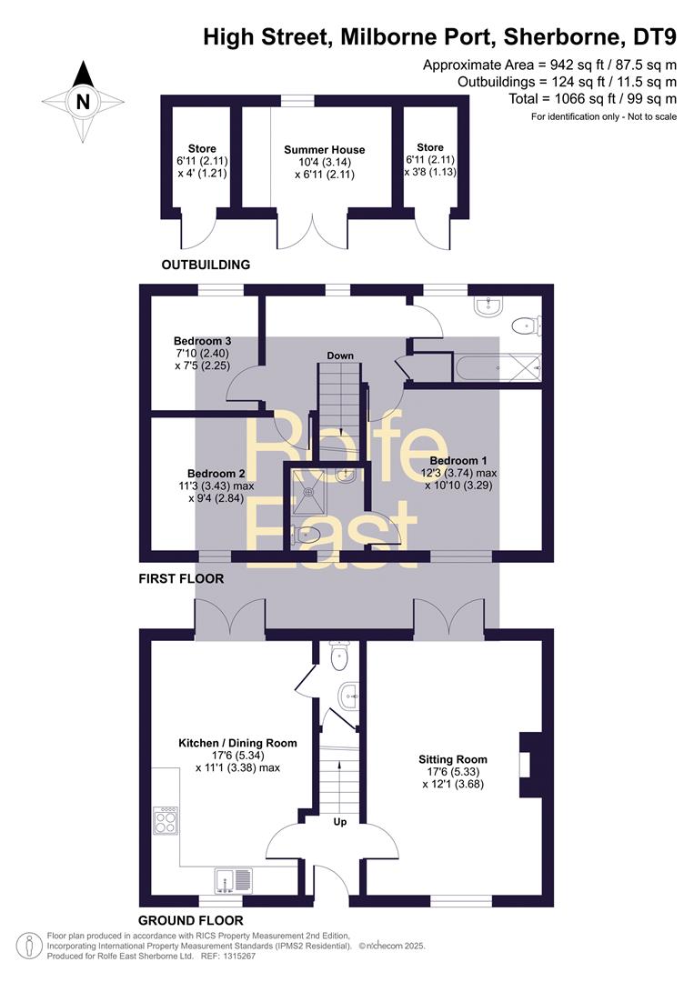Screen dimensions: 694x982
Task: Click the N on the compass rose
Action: [x=83, y=102]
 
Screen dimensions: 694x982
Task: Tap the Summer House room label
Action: [x=325, y=150]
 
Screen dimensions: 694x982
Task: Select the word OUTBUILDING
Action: [x=206, y=265]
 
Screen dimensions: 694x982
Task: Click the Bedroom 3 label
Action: [x=202, y=341]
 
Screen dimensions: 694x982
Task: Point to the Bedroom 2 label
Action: [x=216, y=474]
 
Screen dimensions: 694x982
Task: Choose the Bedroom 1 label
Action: [x=458, y=461]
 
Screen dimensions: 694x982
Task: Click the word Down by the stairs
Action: [x=340, y=356]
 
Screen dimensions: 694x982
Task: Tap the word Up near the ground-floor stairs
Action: [x=340, y=822]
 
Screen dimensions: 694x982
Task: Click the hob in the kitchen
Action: [x=166, y=820]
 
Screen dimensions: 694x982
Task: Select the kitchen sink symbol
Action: [x=233, y=880]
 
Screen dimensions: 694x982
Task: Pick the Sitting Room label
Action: [x=453, y=759]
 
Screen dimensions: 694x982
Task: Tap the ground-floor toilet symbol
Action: [x=338, y=656]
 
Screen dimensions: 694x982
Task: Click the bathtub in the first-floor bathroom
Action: [x=498, y=367]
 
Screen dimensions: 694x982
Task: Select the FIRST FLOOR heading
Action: [x=181, y=578]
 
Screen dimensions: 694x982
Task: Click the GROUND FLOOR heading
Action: [x=190, y=920]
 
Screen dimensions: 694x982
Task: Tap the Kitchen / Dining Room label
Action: [x=238, y=744]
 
